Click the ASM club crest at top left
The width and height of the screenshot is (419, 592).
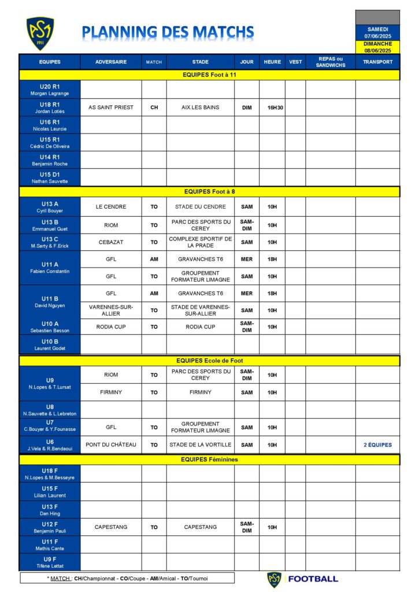[40, 33]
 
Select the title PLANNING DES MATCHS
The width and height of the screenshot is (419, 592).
[168, 32]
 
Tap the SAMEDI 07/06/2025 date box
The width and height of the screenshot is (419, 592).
[378, 32]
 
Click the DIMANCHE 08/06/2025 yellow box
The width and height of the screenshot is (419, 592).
[378, 47]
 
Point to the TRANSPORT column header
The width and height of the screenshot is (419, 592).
[377, 62]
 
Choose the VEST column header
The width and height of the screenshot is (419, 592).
[295, 62]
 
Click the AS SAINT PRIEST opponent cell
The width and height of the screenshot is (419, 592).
[111, 108]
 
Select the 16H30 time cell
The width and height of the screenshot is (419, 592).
[272, 108]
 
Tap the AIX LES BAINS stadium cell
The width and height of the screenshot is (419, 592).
[200, 108]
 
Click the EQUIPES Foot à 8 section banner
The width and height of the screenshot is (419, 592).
[209, 191]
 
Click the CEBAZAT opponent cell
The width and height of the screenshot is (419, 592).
[111, 242]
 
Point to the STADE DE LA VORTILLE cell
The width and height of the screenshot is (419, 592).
[200, 445]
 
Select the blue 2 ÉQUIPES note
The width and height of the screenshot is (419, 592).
[377, 445]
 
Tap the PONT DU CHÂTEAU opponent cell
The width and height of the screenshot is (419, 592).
[111, 445]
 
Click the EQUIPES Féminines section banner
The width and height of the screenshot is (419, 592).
[209, 460]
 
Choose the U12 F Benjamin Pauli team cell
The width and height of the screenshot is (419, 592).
[49, 527]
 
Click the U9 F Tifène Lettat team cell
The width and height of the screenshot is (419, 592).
[49, 562]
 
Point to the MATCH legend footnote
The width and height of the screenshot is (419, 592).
[127, 578]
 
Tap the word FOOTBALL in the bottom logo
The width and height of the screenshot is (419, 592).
[313, 579]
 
